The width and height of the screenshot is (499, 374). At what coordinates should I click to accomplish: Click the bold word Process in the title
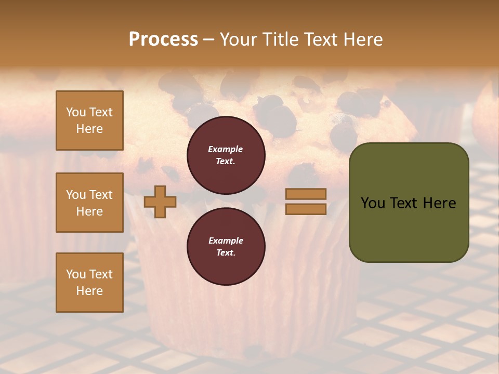pyautogui.click(x=163, y=39)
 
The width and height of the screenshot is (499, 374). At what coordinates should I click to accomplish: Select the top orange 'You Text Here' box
pyautogui.click(x=89, y=121)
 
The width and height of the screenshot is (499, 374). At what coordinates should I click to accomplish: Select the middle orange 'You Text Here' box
pyautogui.click(x=89, y=203)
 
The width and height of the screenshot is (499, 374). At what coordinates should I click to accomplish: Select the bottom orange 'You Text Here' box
pyautogui.click(x=89, y=283)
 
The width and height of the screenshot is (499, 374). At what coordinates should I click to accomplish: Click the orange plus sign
pyautogui.click(x=160, y=202)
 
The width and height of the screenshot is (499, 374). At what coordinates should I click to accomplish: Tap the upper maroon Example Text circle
pyautogui.click(x=226, y=155)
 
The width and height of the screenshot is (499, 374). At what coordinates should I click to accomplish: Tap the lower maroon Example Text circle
pyautogui.click(x=226, y=246)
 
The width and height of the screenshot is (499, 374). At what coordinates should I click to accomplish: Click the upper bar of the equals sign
pyautogui.click(x=306, y=194)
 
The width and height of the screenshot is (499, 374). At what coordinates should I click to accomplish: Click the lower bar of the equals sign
pyautogui.click(x=306, y=209)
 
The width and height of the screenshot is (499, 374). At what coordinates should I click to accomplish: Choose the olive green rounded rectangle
pyautogui.click(x=409, y=229)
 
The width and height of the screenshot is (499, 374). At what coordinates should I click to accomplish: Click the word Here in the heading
pyautogui.click(x=363, y=39)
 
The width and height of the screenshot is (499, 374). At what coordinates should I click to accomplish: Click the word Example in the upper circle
pyautogui.click(x=226, y=149)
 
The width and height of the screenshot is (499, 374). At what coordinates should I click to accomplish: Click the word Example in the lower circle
pyautogui.click(x=226, y=241)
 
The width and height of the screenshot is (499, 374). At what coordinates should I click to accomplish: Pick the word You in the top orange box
pyautogui.click(x=76, y=112)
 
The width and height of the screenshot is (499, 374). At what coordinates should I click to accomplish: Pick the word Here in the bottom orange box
pyautogui.click(x=89, y=291)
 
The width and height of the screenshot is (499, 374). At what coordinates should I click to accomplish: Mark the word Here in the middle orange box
pyautogui.click(x=89, y=211)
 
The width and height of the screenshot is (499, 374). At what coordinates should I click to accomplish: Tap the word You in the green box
pyautogui.click(x=373, y=203)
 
